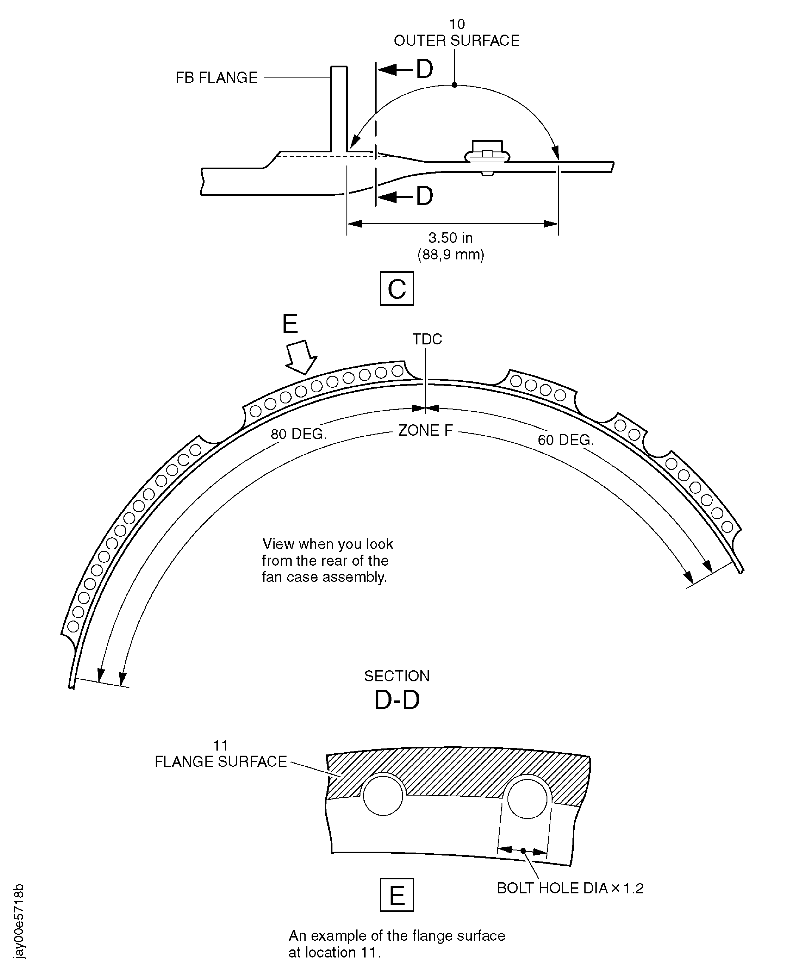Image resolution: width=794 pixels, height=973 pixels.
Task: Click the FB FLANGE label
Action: point(216,78)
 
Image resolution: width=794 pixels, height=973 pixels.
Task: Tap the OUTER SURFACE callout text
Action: point(456,41)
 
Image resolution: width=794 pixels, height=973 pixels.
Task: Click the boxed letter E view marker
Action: point(397,895)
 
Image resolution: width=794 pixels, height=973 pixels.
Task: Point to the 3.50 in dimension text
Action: point(451,238)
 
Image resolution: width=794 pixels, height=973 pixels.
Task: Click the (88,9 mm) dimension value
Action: point(451,254)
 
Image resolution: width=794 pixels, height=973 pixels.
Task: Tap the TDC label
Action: point(427,339)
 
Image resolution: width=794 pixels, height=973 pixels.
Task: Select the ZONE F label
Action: point(425,431)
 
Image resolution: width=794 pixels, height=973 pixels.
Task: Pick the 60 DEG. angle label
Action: point(566,440)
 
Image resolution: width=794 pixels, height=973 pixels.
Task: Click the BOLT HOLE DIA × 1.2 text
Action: point(570,888)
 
